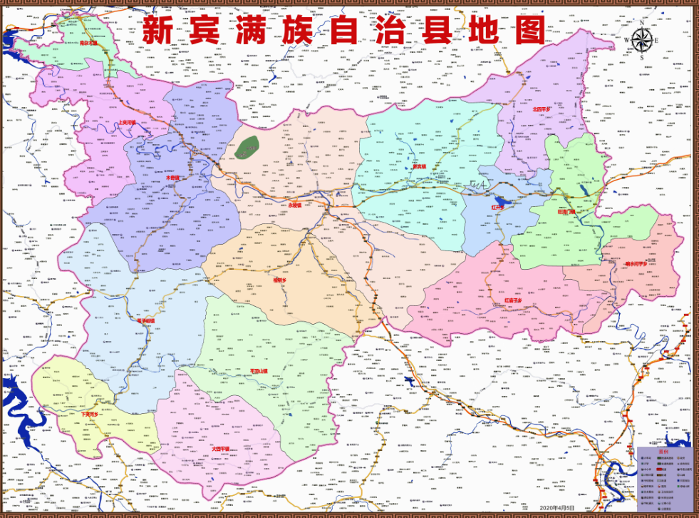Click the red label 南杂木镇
pos(89,43)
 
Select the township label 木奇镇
pos(172,178)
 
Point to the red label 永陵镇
pos(295,205)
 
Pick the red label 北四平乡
pos(542,109)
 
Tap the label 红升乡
pos(497,208)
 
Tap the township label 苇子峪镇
pos(145,321)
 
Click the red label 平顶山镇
pos(258,371)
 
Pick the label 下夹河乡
pos(95,413)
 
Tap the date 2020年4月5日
pos(557,507)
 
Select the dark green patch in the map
pos(248,148)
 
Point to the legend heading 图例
pos(663,452)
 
